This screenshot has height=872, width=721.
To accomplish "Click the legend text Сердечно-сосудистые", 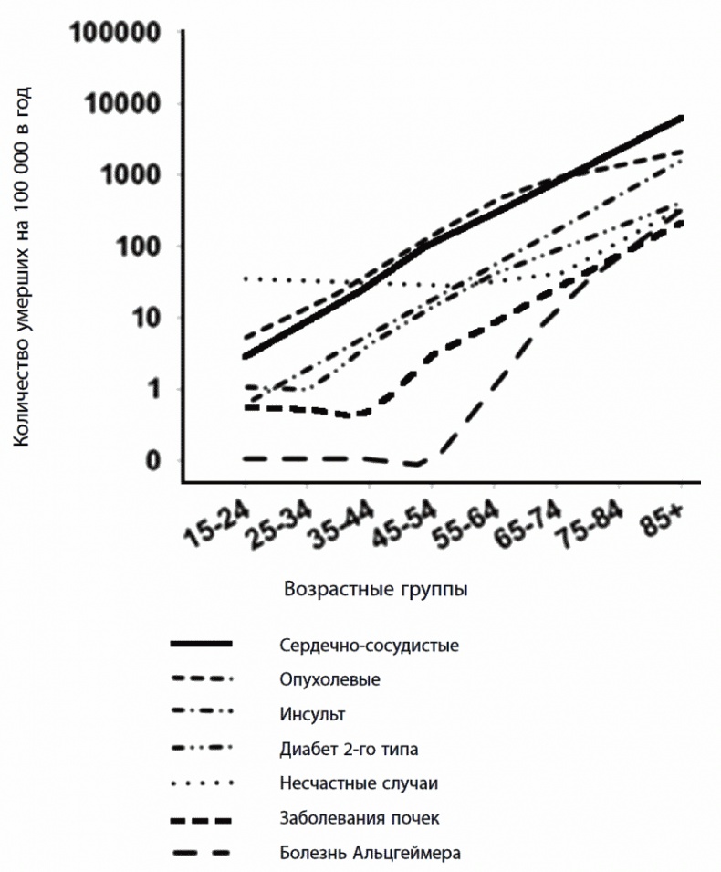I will (x=370, y=646).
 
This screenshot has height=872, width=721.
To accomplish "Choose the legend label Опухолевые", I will (x=330, y=679).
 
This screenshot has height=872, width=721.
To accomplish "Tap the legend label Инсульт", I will (x=313, y=713).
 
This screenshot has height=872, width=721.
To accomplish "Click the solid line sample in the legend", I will (x=202, y=645).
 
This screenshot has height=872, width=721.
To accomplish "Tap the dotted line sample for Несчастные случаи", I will (x=202, y=783).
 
